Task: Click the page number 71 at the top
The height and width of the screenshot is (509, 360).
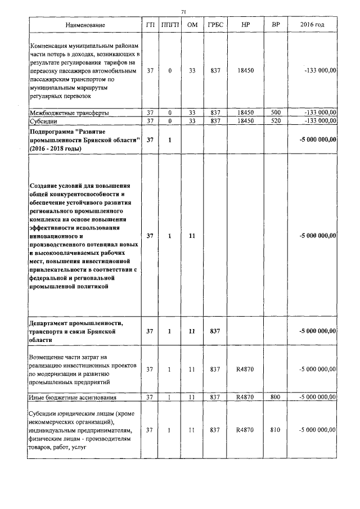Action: click(183, 11)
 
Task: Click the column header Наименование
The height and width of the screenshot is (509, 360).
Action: click(84, 26)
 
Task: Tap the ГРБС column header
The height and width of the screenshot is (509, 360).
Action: click(214, 26)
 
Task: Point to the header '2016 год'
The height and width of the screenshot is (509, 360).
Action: click(312, 26)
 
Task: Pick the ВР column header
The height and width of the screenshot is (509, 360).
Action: click(275, 26)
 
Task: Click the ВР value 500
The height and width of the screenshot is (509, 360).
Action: click(275, 112)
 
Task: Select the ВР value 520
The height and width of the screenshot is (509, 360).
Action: click(275, 121)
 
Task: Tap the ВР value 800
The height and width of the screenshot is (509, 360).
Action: click(275, 398)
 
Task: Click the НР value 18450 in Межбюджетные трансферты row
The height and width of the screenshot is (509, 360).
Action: click(246, 112)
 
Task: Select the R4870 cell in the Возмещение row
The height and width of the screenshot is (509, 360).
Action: click(246, 369)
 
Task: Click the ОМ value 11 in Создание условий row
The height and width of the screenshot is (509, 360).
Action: click(192, 236)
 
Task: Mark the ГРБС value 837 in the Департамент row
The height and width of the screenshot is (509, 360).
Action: click(214, 332)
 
